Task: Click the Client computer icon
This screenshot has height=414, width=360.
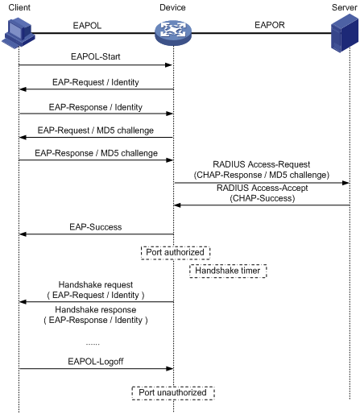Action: [19, 33]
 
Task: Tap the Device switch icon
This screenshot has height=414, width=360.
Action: [173, 33]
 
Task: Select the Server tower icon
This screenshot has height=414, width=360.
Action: [345, 33]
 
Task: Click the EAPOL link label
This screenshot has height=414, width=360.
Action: [87, 26]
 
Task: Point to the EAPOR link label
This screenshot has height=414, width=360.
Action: [270, 25]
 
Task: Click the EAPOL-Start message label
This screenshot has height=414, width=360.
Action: [96, 56]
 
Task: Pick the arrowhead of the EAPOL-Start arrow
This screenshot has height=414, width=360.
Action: [168, 65]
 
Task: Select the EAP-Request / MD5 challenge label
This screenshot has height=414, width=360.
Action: [96, 130]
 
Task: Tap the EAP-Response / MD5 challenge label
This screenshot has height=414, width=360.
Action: [96, 153]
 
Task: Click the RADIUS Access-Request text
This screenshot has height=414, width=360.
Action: [262, 164]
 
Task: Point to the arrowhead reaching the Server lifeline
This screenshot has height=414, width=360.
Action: [346, 183]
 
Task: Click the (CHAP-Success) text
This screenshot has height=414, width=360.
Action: [263, 198]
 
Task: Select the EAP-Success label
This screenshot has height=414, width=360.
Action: [96, 227]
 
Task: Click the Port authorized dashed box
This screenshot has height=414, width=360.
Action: [176, 253]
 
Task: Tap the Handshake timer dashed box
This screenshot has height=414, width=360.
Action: [228, 271]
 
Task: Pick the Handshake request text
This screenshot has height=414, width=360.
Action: [96, 284]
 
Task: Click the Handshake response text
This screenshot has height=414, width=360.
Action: [96, 309]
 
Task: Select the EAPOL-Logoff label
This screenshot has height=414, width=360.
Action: [96, 362]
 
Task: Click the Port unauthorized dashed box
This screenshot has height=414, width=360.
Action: [173, 393]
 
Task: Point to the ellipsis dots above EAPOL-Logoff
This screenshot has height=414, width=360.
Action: [93, 344]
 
